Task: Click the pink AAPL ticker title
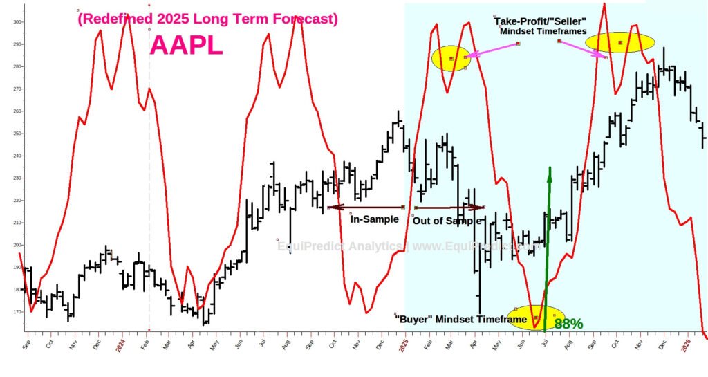pyautogui.click(x=187, y=46)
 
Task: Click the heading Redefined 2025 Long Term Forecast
pyautogui.click(x=207, y=19)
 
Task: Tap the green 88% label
pyautogui.click(x=568, y=323)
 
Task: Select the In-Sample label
pyautogui.click(x=375, y=219)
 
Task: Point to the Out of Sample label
pyautogui.click(x=446, y=220)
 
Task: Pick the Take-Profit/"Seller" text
pyautogui.click(x=543, y=21)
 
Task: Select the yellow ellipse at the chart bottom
pyautogui.click(x=536, y=318)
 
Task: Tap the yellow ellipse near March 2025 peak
pyautogui.click(x=450, y=59)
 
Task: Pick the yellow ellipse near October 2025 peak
pyautogui.click(x=619, y=42)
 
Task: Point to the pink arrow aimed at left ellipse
pyautogui.click(x=493, y=50)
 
